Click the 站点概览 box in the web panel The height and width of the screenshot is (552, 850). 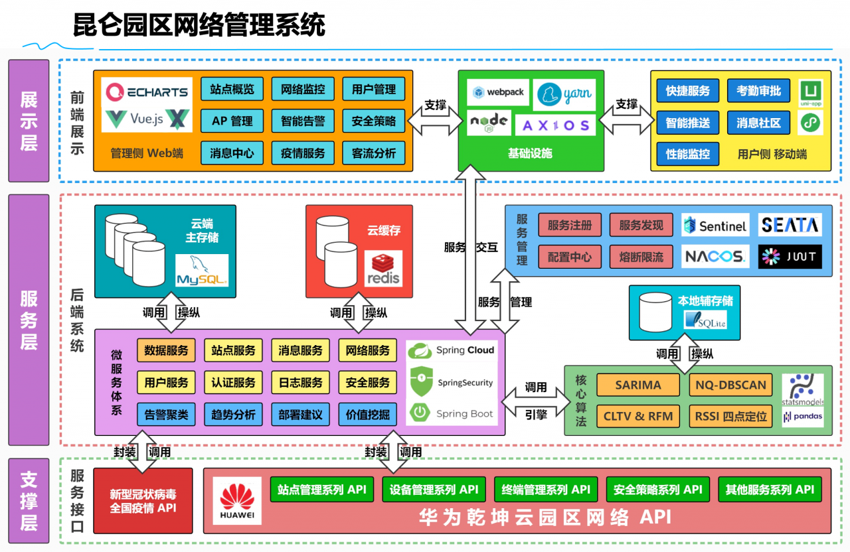[232, 90]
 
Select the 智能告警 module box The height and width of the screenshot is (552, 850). [303, 121]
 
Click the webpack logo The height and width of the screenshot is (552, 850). [497, 92]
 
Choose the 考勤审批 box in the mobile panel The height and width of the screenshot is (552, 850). [758, 91]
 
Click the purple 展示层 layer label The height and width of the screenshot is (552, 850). [29, 121]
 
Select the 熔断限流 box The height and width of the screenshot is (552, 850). [641, 257]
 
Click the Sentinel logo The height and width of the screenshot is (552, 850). [715, 226]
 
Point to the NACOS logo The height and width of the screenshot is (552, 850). [715, 256]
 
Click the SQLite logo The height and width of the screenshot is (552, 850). [705, 321]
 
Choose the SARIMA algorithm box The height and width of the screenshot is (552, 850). [637, 385]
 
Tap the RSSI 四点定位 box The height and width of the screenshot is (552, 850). [730, 417]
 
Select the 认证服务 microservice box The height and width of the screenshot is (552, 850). [233, 383]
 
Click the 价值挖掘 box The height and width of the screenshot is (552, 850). [367, 415]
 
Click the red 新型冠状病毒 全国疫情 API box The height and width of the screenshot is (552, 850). [143, 501]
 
